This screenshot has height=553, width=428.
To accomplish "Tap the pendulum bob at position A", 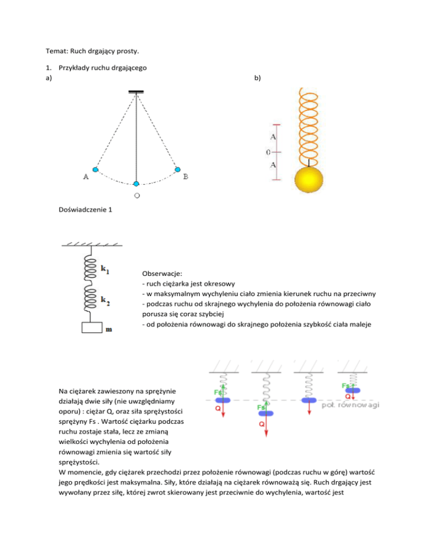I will tap(95, 169).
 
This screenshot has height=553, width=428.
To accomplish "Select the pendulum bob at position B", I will tap(178, 169).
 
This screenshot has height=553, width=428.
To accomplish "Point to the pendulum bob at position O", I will tap(137, 184).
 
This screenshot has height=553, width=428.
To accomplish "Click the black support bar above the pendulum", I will tap(136, 92).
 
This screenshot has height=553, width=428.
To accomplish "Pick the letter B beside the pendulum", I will tap(186, 177).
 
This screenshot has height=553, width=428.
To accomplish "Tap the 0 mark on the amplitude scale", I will tap(268, 151).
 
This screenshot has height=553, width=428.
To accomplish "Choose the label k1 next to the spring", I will tap(105, 269).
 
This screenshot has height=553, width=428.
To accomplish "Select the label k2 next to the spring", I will tap(105, 301).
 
